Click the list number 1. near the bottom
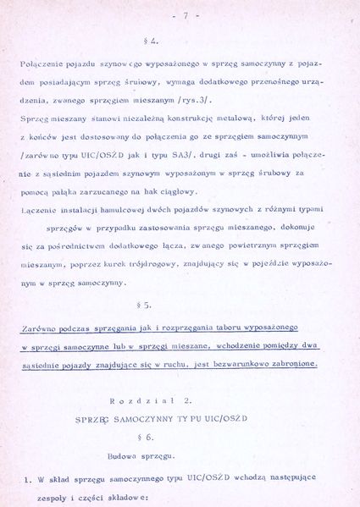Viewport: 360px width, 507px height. [27, 479]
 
